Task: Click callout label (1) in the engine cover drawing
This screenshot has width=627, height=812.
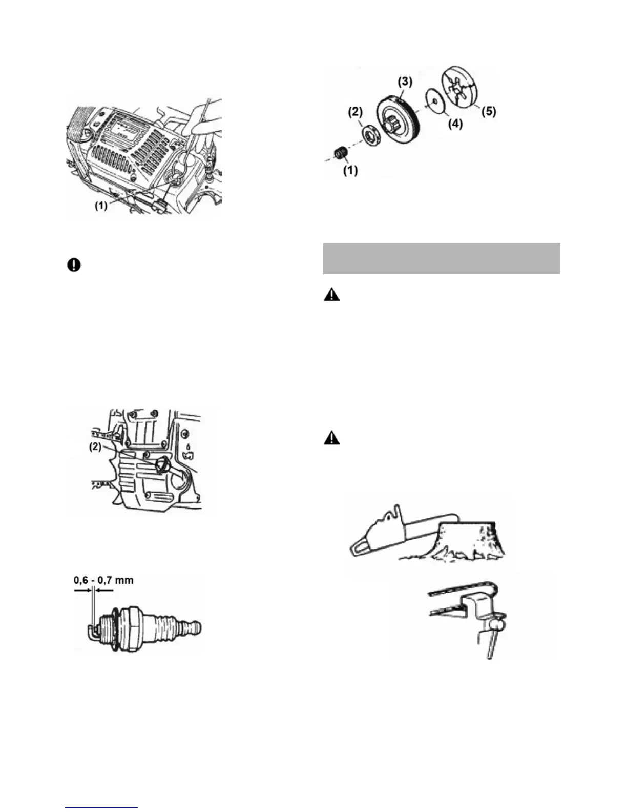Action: [x=101, y=206]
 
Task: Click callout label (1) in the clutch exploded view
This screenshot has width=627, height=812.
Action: [x=350, y=170]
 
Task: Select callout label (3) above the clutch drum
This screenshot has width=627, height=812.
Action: [x=405, y=82]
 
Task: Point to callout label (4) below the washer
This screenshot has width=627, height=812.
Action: [x=455, y=124]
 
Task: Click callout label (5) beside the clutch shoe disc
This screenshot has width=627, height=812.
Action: [x=488, y=111]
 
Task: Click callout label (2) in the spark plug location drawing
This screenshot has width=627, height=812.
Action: [x=95, y=446]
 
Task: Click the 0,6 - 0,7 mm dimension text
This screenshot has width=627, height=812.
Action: [x=103, y=580]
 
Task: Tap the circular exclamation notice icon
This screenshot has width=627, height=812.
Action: [x=74, y=265]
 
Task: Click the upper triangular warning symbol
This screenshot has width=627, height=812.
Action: [x=332, y=295]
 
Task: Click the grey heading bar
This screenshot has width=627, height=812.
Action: [x=442, y=259]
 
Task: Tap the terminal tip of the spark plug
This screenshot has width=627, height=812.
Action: [x=194, y=627]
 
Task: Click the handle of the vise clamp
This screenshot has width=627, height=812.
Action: [x=490, y=646]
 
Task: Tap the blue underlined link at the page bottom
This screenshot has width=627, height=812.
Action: [x=101, y=808]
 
